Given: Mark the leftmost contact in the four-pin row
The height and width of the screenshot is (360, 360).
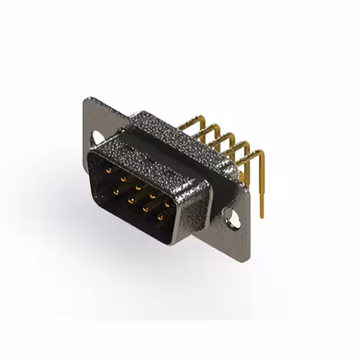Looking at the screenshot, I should pos(115,190).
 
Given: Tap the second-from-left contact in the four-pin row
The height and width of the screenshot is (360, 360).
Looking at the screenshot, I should pos(129,199).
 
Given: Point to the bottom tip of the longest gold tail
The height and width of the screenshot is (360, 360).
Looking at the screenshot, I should pos(262,217).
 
